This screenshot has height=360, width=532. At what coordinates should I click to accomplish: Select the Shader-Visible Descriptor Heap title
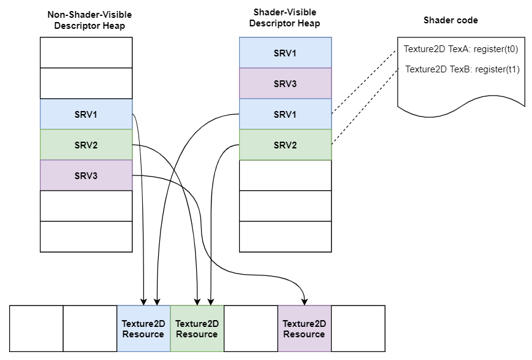click(286, 18)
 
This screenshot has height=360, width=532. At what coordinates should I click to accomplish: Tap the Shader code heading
click(450, 20)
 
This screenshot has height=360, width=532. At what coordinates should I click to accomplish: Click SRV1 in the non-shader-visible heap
click(86, 114)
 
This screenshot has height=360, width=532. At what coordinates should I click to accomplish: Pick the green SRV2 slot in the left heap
click(86, 145)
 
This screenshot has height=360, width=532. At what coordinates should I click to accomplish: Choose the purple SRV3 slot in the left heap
click(86, 175)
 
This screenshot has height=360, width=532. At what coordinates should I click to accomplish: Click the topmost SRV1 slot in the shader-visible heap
click(285, 53)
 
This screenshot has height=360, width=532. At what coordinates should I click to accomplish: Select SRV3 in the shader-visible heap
click(285, 83)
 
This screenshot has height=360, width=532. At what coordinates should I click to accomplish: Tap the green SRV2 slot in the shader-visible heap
click(285, 145)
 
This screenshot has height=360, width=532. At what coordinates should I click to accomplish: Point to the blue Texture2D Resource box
click(143, 329)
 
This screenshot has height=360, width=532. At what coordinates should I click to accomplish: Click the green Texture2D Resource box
click(197, 329)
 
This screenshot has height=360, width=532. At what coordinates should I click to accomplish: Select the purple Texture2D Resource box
click(304, 329)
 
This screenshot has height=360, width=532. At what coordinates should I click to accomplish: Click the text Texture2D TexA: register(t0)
click(461, 49)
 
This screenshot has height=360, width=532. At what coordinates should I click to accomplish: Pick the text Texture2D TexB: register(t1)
click(462, 69)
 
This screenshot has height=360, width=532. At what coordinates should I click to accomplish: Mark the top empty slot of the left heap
click(86, 53)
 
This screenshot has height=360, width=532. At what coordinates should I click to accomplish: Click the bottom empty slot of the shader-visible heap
click(285, 237)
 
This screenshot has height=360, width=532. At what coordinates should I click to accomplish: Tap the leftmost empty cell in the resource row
click(37, 329)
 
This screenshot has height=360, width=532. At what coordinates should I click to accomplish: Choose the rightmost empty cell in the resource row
click(358, 329)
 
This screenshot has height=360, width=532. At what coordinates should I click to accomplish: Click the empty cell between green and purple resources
click(251, 329)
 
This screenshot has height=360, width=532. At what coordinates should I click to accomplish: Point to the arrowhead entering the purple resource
click(305, 301)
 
